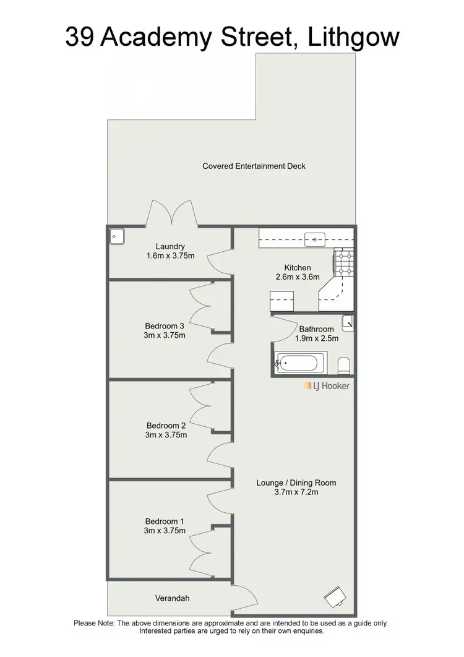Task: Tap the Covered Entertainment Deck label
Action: [254, 166]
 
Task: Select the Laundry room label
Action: [170, 246]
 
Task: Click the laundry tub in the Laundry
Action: [116, 236]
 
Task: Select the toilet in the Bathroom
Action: [345, 364]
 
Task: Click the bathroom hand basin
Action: [348, 322]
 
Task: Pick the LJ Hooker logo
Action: [327, 385]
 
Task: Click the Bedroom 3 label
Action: [165, 326]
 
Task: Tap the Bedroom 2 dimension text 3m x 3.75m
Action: [166, 434]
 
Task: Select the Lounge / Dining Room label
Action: [296, 483]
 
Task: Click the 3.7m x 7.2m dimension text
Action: [296, 492]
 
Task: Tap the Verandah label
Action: [172, 598]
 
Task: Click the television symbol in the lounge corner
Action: [335, 596]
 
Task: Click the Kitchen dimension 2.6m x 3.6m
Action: [297, 277]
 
